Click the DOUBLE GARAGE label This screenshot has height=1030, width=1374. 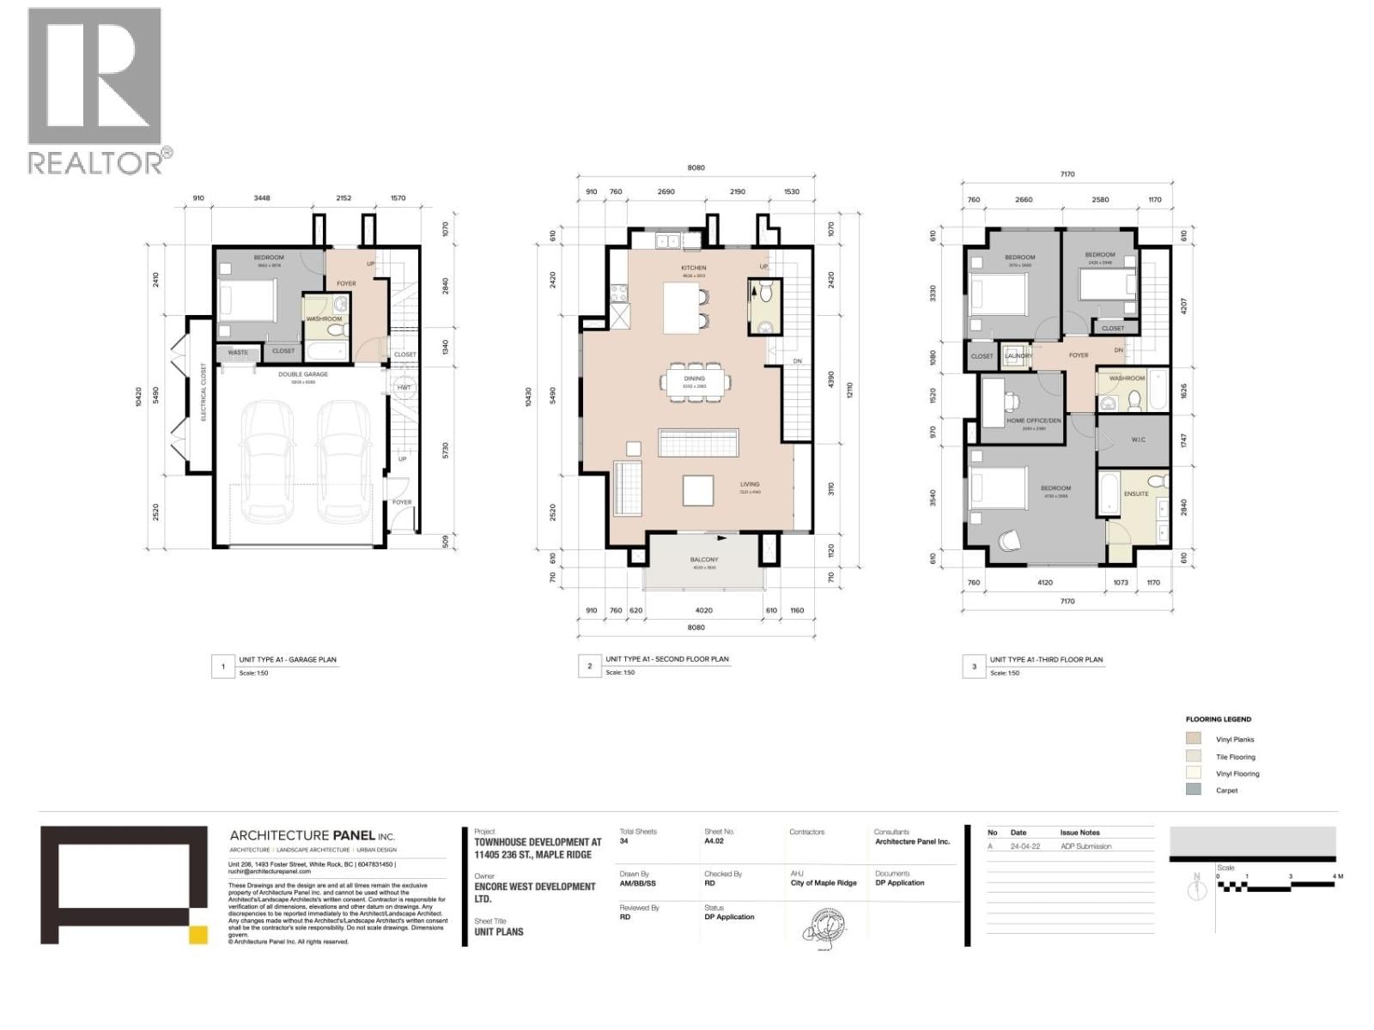302,374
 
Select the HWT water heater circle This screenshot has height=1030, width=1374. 403,387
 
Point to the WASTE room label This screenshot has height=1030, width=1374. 238,352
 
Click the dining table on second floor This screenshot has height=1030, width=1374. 694,382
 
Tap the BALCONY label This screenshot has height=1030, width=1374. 703,560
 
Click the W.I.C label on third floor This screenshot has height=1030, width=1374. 1138,439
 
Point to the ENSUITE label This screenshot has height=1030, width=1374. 1135,494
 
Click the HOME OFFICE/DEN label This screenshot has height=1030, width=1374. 1033,421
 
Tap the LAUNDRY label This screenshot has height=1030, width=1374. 1018,355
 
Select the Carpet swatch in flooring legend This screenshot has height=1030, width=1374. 1193,790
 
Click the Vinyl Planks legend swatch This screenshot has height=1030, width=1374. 1193,739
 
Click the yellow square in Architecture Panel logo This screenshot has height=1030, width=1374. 198,935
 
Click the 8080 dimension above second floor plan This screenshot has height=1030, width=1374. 696,167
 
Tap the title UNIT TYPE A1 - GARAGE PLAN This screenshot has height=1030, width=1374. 288,659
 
